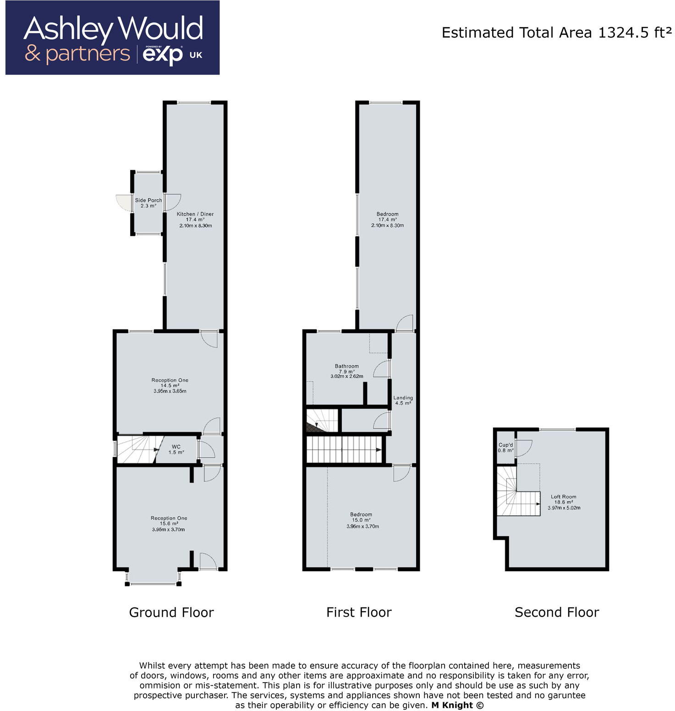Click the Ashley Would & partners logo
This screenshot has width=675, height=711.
(112, 38)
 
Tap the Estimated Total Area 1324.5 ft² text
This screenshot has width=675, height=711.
(556, 33)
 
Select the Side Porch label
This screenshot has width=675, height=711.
(148, 200)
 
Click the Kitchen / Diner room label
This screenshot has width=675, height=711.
(195, 214)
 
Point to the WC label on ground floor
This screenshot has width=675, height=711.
(176, 447)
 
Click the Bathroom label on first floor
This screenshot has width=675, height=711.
(346, 366)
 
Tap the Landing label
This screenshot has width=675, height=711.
(403, 398)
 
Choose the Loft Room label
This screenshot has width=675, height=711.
(563, 497)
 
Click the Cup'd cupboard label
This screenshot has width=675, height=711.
(505, 445)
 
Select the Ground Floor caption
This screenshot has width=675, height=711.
(171, 612)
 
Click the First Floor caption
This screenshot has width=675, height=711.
(359, 612)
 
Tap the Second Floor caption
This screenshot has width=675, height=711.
(556, 612)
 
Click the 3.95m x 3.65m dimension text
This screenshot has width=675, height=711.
(170, 391)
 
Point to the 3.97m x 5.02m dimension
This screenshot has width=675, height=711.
(564, 508)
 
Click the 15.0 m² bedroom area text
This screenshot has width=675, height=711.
(361, 520)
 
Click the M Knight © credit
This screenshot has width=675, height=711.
(457, 706)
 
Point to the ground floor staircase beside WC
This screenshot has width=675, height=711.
(136, 449)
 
